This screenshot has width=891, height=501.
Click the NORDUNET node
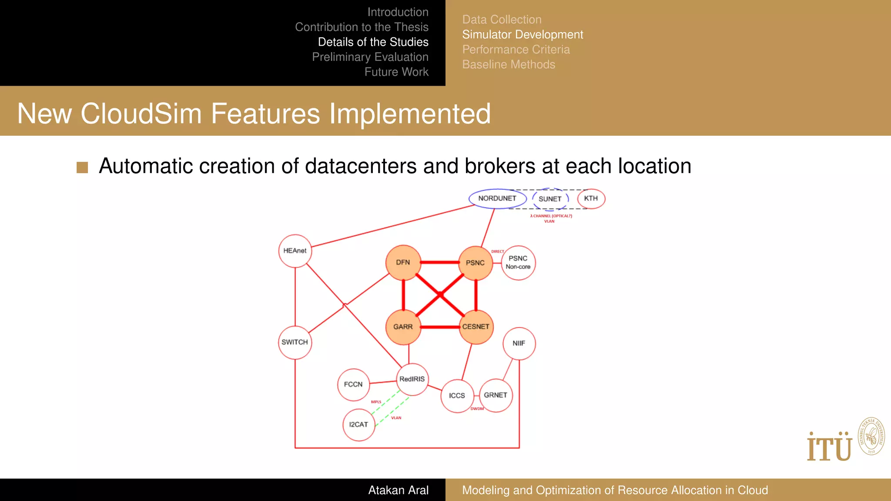(x=497, y=199)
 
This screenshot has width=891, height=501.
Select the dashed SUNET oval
(x=550, y=199)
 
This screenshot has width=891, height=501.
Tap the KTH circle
(x=591, y=199)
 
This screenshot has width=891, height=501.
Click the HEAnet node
(x=295, y=251)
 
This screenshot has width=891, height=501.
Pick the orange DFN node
(x=403, y=263)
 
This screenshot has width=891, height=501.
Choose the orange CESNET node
(x=476, y=327)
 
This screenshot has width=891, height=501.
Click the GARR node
(x=403, y=327)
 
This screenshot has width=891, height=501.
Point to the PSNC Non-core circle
(x=518, y=263)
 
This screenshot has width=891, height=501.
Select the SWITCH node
(x=295, y=343)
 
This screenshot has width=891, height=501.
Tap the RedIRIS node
(x=412, y=379)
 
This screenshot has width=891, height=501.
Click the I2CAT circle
(x=358, y=425)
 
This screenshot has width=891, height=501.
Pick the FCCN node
(x=353, y=385)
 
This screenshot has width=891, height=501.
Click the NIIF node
(x=519, y=344)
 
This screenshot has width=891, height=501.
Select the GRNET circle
(x=496, y=395)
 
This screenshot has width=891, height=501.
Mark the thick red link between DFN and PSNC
(x=439, y=263)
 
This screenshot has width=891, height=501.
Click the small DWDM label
(x=477, y=409)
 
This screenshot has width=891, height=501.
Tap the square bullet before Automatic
(x=82, y=167)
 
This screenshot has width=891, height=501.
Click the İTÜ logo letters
(x=829, y=448)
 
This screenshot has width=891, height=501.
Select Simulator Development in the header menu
(x=523, y=35)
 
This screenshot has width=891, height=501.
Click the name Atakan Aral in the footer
(x=398, y=490)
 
